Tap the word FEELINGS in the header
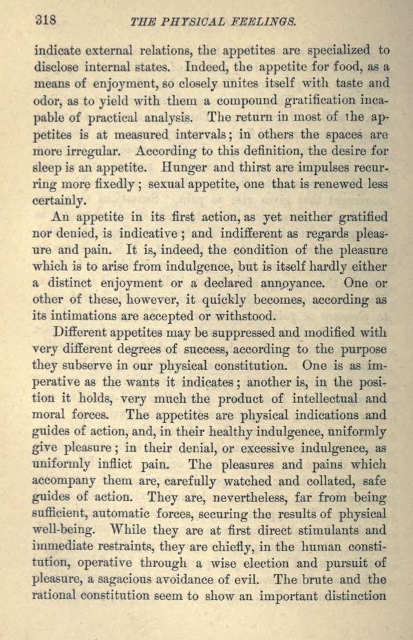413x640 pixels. tap(266, 22)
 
